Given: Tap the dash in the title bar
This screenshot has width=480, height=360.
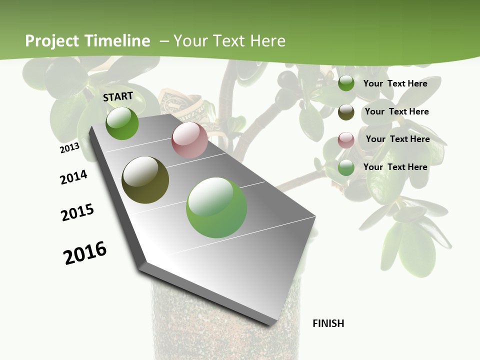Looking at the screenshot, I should pos(164,41).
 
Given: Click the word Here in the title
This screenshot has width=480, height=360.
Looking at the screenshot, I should pos(267,41).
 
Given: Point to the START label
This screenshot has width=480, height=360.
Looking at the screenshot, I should pos(118,96).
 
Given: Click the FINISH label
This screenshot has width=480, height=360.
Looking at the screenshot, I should pos(328,323).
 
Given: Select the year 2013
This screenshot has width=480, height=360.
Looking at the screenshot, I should pos(69,148).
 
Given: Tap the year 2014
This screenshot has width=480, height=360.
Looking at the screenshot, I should pos(73,177).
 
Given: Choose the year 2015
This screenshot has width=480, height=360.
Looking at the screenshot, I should pos(77,212).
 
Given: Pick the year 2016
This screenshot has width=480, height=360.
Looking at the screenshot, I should pos(85,253).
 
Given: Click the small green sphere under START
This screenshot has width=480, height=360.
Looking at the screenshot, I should pos(122,123).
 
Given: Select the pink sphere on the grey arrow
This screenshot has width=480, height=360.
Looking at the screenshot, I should pos(189,140).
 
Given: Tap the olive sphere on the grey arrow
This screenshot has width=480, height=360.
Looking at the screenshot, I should pos(145,180).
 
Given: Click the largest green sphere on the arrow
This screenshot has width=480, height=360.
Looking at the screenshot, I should pos(216,207).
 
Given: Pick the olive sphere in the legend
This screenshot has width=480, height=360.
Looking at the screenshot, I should pos(346,112).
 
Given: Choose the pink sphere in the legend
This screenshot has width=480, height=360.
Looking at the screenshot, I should pos(346,140).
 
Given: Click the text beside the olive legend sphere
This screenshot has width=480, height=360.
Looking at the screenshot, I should pos(396,111).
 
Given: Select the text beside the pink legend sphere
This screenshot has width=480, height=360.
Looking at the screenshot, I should pos(397,139).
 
